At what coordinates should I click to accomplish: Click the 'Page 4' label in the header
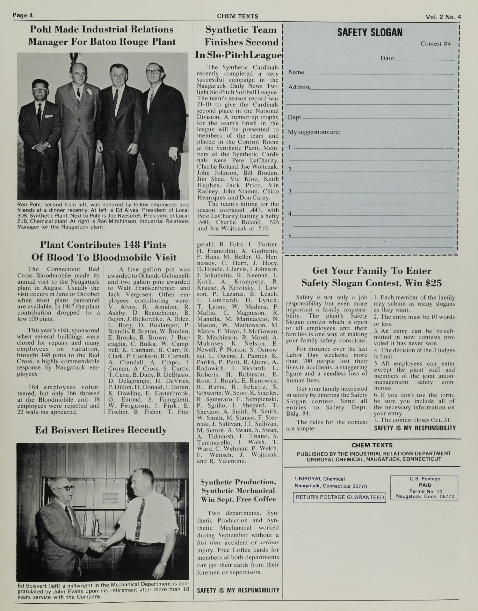(23, 15)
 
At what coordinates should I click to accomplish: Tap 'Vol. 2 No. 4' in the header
(443, 17)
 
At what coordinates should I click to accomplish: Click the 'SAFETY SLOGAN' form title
(370, 33)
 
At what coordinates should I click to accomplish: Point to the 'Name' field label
(296, 72)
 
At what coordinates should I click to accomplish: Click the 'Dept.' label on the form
(295, 118)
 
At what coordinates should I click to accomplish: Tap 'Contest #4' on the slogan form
(435, 44)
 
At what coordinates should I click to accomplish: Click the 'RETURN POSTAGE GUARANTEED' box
(339, 497)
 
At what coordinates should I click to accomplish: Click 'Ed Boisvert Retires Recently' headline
(101, 430)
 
